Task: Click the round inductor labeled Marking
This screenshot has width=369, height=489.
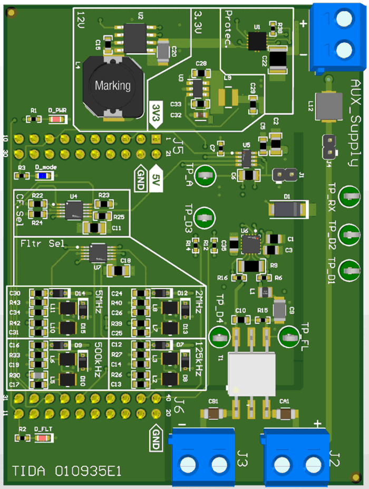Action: (x=112, y=86)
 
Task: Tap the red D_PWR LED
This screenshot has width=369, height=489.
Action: (x=56, y=119)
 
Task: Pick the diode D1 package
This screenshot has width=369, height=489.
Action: (x=287, y=209)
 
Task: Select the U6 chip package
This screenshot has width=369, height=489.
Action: (x=250, y=243)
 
